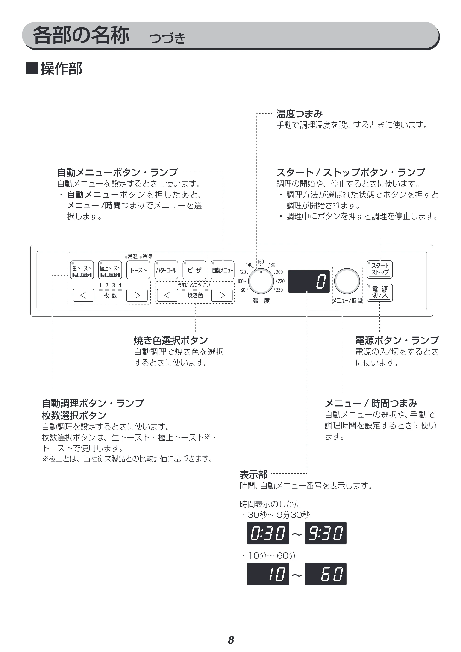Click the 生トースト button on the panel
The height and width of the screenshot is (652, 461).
[82, 270]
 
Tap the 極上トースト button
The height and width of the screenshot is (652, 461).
[110, 270]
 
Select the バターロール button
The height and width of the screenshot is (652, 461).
[166, 270]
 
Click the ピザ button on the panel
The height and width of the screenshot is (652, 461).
[194, 270]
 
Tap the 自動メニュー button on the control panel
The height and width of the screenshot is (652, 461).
[223, 270]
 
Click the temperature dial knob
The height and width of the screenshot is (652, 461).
[261, 281]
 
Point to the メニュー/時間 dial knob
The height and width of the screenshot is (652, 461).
[347, 281]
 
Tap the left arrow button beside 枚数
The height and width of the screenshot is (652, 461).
[83, 295]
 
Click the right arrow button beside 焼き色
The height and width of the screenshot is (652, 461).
[222, 295]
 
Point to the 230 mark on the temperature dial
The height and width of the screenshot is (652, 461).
[279, 290]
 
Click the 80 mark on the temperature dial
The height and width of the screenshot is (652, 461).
[243, 290]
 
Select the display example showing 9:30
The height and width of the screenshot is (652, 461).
[326, 533]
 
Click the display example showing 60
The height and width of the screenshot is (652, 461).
[326, 574]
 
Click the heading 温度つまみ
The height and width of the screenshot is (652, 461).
[300, 114]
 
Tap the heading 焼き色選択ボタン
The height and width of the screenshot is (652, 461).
[171, 340]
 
